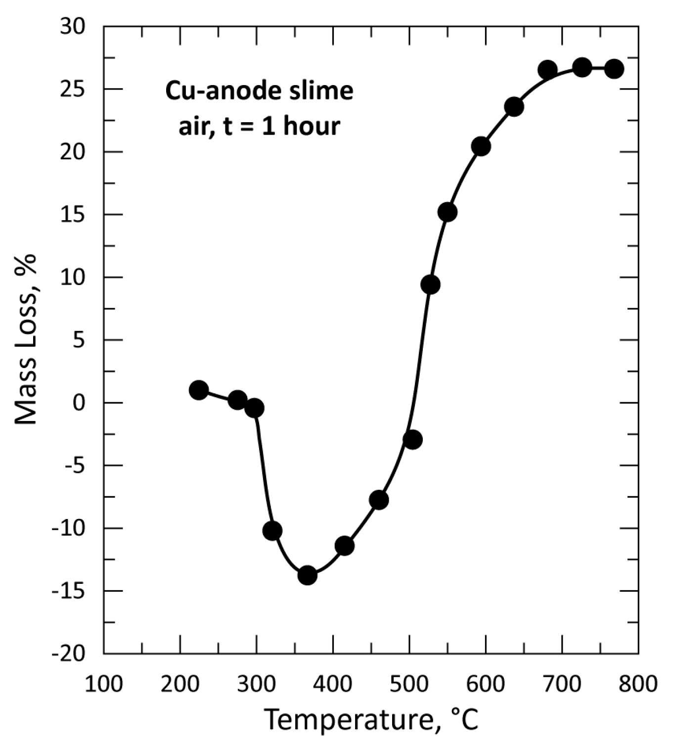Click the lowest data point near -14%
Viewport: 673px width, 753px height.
pos(307,575)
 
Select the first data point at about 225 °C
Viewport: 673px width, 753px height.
pos(198,390)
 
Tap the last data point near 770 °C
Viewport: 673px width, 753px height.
pos(614,69)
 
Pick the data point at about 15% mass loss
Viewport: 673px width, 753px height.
pos(447,212)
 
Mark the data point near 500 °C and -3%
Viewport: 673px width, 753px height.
pos(412,439)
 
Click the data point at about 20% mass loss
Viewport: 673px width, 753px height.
pos(481,146)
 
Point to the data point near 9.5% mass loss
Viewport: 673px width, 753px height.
pos(430,284)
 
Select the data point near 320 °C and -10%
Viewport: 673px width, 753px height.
pos(272,531)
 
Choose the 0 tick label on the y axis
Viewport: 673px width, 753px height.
pos(79,403)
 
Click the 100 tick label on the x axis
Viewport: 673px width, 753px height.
pos(104,684)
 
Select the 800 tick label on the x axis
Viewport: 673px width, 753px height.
pos(638,684)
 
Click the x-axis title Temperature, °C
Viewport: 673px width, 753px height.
pos(371,720)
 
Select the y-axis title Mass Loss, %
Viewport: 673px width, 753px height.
pos(26,339)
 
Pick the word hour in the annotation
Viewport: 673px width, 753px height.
pos(312,126)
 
